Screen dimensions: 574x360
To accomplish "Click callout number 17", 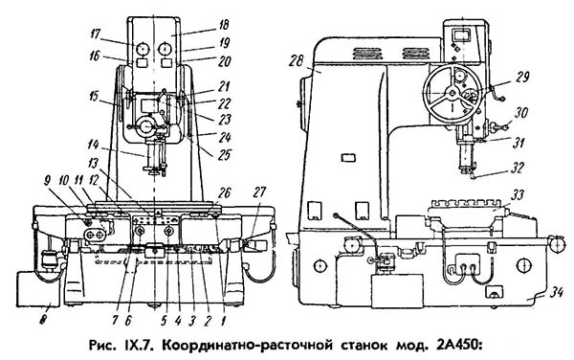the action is click(95, 34).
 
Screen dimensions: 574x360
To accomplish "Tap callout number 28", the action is click(296, 60).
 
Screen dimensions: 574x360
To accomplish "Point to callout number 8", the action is click(44, 321).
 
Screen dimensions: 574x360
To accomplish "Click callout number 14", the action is click(93, 145).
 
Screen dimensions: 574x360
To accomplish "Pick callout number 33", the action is click(518, 194).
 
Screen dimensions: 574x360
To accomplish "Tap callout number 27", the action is click(259, 192).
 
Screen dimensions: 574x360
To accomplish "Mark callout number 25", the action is click(224, 155).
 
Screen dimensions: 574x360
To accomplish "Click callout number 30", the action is click(521, 112).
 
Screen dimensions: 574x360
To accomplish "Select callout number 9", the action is click(48, 181).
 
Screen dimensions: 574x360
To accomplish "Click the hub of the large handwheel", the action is click(453, 93).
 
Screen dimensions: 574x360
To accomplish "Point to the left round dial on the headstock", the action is click(141, 49).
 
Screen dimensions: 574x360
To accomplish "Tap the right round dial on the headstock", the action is click(166, 49).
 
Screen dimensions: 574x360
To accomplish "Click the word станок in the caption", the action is click(364, 345).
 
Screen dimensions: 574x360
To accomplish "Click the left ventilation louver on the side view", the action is click(366, 54).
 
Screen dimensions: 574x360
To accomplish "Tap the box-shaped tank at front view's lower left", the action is click(38, 288).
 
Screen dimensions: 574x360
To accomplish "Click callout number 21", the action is click(223, 87).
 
